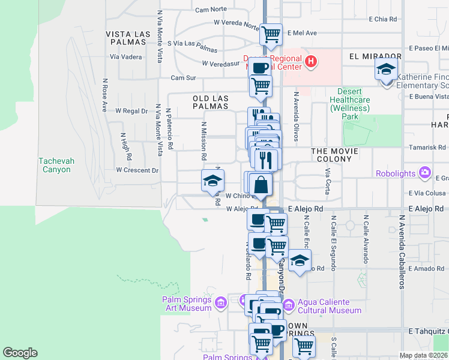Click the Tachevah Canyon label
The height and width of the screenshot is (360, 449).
[x=55, y=165]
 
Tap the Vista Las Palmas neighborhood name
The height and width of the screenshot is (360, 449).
[x=127, y=38]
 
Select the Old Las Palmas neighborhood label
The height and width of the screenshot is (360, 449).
[x=210, y=101]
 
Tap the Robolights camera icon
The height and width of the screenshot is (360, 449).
[x=425, y=173]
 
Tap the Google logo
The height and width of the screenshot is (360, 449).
[x=20, y=353]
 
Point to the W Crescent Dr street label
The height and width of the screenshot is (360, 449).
[x=137, y=170]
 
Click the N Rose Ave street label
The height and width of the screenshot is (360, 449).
[x=104, y=95]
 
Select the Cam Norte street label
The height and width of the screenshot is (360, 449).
[x=211, y=10]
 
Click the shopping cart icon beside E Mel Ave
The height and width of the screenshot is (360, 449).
[x=271, y=34]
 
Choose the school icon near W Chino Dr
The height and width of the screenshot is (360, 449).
[x=212, y=180]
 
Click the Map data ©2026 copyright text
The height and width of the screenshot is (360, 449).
[x=424, y=355]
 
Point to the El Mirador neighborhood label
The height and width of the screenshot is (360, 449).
[x=375, y=55]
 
